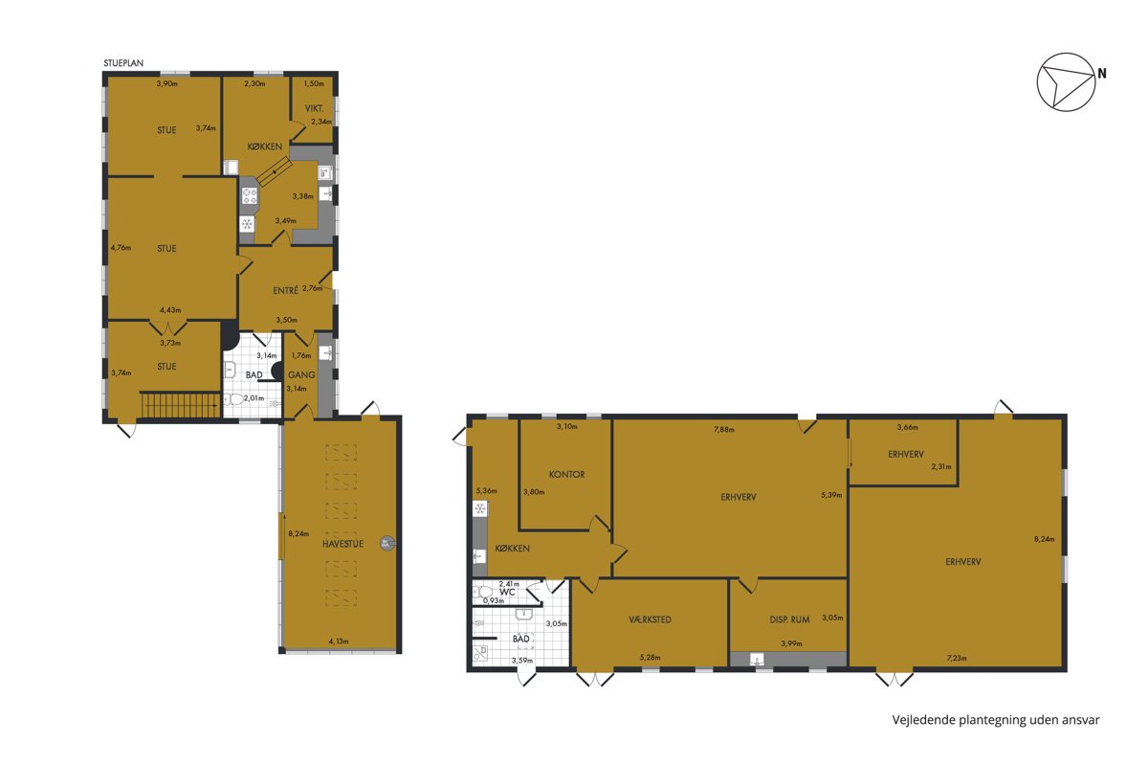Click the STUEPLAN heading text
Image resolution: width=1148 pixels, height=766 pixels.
[x=123, y=63]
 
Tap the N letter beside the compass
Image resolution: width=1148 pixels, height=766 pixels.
[x=1102, y=74]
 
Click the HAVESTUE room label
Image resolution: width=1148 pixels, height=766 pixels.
[x=342, y=544]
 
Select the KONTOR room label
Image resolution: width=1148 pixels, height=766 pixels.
[x=566, y=475]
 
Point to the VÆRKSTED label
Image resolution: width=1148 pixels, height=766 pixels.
[x=650, y=620]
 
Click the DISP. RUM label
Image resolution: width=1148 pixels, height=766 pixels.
[x=790, y=620]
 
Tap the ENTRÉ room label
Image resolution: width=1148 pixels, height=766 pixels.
[x=285, y=290]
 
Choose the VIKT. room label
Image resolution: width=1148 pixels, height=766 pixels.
[x=314, y=109]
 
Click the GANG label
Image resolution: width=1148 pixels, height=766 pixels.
[x=301, y=375]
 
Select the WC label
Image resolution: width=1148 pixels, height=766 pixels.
[x=507, y=592]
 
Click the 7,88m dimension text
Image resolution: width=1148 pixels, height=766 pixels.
[x=724, y=429]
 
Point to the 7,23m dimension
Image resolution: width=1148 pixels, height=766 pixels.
[x=957, y=658]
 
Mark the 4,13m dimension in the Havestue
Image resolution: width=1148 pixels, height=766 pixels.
[x=339, y=642]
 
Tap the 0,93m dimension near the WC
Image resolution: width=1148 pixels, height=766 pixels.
[x=494, y=600]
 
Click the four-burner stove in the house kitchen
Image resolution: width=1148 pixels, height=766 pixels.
[x=250, y=196]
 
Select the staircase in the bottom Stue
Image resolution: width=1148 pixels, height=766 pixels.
[x=181, y=405]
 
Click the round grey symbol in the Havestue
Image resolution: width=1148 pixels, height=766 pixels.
[x=386, y=543]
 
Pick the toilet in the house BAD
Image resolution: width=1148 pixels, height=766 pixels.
[x=233, y=399]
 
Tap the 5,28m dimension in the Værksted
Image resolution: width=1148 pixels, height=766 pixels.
[x=650, y=658]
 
